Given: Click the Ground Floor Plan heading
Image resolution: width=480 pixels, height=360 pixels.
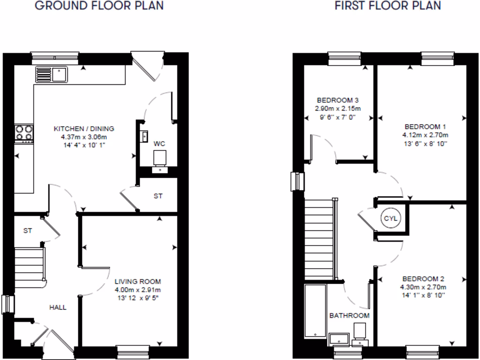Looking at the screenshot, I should tap(99, 6).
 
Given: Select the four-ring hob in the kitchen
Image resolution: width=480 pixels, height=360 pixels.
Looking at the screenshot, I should tap(24, 132).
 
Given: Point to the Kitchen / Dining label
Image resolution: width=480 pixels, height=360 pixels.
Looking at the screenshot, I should tap(84, 128).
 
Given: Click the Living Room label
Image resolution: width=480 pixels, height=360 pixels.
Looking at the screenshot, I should tap(138, 282).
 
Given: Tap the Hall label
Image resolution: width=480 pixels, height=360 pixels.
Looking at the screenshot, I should tap(59, 307).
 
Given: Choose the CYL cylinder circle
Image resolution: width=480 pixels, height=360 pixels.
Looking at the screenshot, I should tap(390, 218).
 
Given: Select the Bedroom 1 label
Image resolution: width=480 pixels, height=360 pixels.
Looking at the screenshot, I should tap(422, 127).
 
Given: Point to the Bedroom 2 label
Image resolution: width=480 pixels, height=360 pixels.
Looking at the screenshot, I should tap(423, 278).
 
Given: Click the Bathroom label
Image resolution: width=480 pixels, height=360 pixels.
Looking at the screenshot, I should tap(349, 315).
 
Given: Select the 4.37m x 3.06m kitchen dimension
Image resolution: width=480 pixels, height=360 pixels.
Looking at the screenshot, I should tap(84, 137).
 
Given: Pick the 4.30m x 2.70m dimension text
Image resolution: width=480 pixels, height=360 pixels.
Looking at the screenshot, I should tap(423, 287).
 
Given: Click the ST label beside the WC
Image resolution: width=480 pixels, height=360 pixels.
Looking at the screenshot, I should tap(158, 196).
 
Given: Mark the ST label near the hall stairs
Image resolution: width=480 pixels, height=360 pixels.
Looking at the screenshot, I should tap(28, 231).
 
